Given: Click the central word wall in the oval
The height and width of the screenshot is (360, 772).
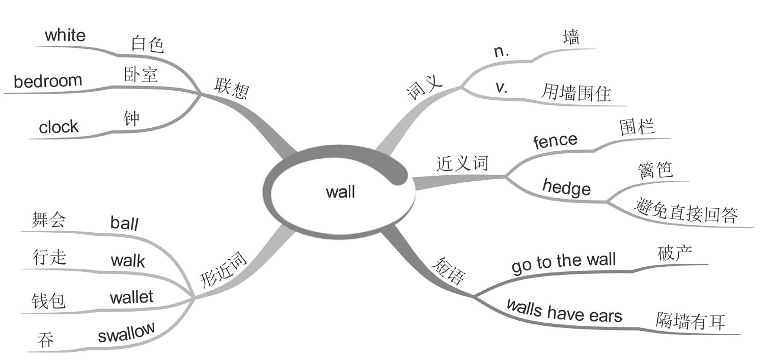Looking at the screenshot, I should click(340, 192).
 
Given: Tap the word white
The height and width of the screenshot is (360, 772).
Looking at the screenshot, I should click(65, 36).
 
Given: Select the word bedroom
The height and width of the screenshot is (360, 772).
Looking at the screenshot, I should click(48, 81).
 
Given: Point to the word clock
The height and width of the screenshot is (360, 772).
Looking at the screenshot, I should click(59, 127).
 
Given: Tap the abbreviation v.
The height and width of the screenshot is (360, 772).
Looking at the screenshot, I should click(502, 88).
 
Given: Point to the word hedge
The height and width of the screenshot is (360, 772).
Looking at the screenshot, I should click(566, 188).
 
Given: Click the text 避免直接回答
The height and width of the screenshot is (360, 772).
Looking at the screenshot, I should click(686, 212).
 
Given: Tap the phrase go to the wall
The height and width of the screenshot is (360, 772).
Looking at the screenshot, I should click(563, 263).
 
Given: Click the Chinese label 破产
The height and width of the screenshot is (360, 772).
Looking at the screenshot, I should click(675, 253).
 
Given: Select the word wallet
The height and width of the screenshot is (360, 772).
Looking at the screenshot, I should click(131, 297).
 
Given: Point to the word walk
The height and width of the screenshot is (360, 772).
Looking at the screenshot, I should click(127, 261).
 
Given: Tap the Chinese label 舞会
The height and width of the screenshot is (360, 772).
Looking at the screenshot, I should click(48, 221).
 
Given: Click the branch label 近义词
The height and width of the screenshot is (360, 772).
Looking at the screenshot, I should click(462, 163).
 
